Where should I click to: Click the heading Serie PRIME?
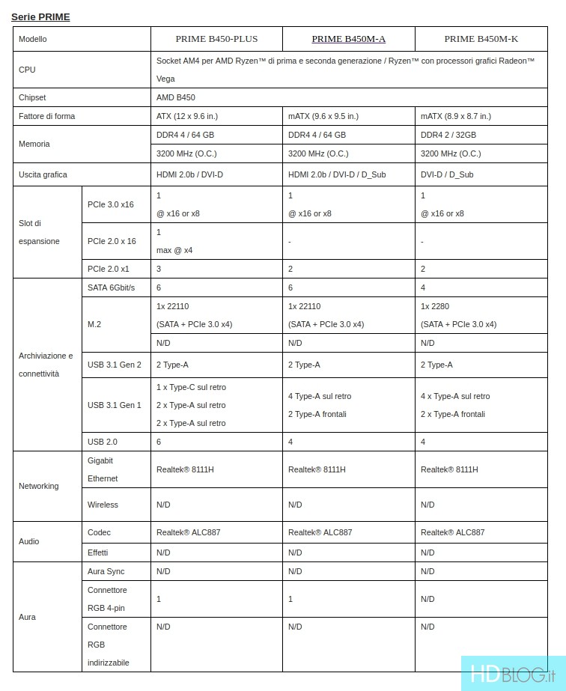[40, 16]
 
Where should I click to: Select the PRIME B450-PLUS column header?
[216, 39]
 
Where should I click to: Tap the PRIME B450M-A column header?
[348, 39]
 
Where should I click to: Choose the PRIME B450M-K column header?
[481, 39]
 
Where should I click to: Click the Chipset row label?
[32, 97]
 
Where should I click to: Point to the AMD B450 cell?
[176, 97]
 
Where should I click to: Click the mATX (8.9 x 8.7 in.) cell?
[456, 116]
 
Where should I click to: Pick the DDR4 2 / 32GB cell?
[448, 135]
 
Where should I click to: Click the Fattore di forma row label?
[47, 116]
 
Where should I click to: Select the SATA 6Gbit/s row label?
[111, 287]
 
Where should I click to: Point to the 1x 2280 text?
[435, 306]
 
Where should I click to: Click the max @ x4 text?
[174, 250]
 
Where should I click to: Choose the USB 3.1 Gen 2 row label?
[115, 365]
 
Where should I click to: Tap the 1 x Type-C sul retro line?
[191, 387]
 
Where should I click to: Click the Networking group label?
[39, 486]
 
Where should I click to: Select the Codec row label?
[99, 532]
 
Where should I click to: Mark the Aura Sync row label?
[106, 571]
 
